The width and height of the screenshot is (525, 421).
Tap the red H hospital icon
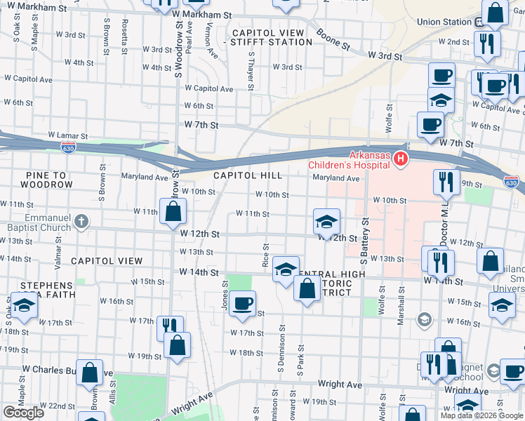(400, 159)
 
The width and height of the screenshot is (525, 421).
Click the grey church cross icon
(81, 222)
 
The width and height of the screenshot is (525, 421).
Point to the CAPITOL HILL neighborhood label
(248, 175)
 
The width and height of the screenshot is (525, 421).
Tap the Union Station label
(444, 22)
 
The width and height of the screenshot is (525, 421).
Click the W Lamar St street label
(67, 135)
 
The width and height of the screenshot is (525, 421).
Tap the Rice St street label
(265, 255)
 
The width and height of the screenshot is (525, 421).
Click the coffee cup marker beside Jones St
(243, 303)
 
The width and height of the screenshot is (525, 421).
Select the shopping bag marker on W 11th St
(173, 210)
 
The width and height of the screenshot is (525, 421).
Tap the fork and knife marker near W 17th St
(169, 326)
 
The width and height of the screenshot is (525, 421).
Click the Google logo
(23, 413)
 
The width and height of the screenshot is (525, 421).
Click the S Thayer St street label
(250, 73)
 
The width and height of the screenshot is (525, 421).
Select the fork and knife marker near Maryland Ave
(446, 182)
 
